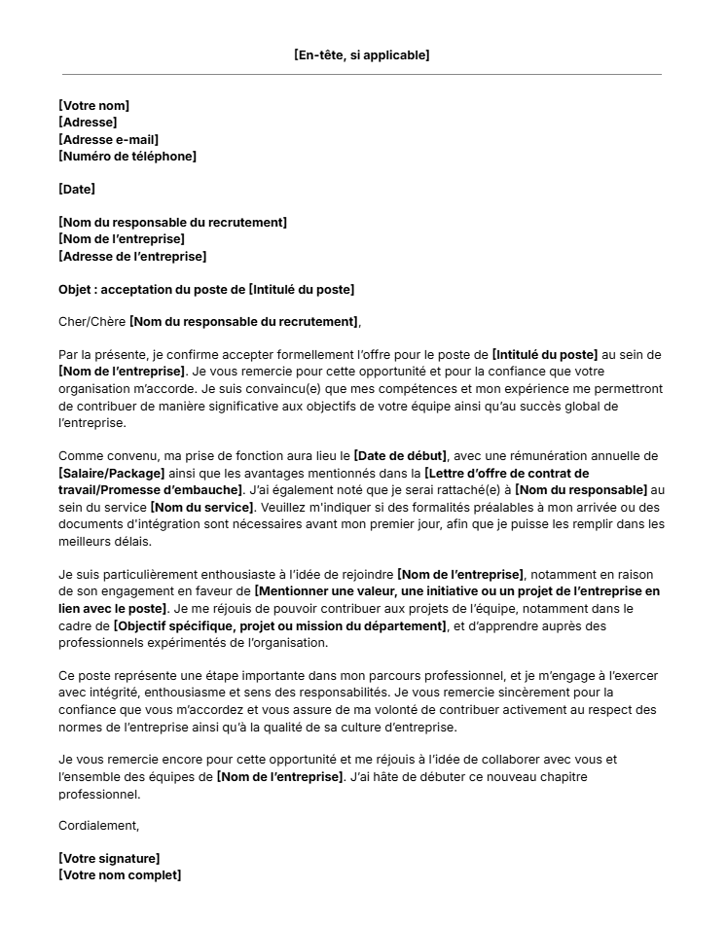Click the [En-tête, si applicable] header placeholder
pos(362,55)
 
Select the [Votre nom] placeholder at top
pos(94,105)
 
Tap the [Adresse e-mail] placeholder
pos(108,139)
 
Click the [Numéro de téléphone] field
pos(127,156)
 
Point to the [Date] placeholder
pos(77,190)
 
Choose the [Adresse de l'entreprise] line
pos(132,257)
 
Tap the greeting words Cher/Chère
pos(91,322)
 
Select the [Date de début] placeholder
pos(400,456)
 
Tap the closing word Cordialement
pos(99,826)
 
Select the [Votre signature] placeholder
pos(109,858)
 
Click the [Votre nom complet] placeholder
pos(120,875)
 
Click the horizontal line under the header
pos(362,74)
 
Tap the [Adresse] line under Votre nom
pos(88,123)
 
